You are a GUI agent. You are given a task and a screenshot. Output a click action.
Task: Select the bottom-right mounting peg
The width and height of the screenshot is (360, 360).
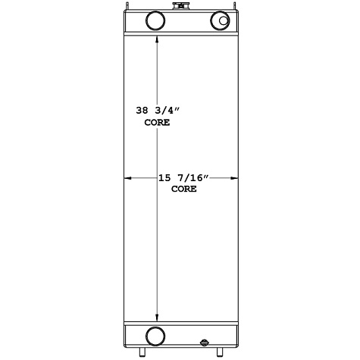pyautogui.click(x=220, y=352)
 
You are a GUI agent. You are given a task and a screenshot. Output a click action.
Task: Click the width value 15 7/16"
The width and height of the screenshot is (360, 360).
pyautogui.click(x=183, y=178)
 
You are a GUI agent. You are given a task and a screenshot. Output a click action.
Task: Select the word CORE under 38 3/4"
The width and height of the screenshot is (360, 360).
pyautogui.click(x=157, y=121)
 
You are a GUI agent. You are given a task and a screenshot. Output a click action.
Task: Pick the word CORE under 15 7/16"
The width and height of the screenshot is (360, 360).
pyautogui.click(x=183, y=189)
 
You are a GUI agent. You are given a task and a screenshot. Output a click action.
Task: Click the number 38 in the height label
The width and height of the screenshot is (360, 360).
pyautogui.click(x=142, y=111)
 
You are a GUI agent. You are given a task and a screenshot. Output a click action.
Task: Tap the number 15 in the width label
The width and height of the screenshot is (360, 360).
pyautogui.click(x=164, y=178)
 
